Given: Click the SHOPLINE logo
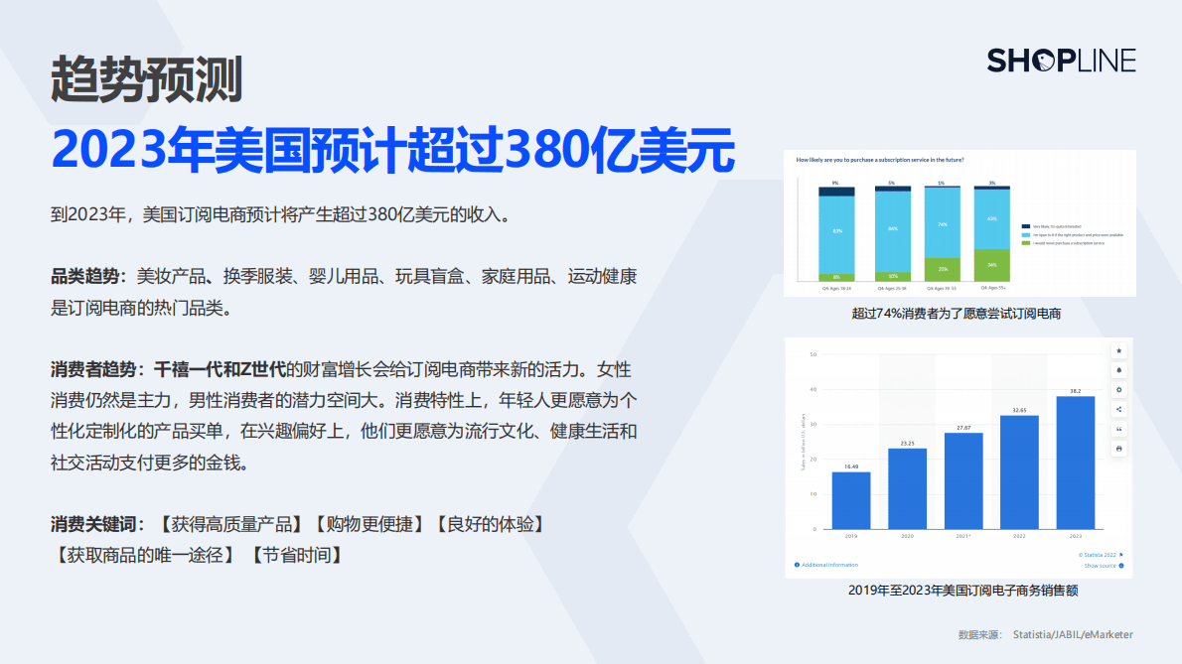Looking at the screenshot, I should [x=1060, y=61].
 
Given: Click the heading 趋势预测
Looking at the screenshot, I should [x=147, y=79].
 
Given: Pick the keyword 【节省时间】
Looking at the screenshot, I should [x=296, y=555].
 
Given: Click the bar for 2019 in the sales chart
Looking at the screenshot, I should [x=851, y=500].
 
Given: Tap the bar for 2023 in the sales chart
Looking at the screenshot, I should [x=1076, y=463].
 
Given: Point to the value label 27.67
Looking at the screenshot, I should [x=963, y=427].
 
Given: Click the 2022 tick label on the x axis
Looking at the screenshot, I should [x=1019, y=536].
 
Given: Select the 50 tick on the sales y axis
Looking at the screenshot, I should [x=813, y=354].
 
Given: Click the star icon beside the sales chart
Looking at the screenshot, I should [x=1119, y=350].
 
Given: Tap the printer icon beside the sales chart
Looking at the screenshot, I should [x=1119, y=449].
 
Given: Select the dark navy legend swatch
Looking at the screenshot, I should [x=1027, y=226].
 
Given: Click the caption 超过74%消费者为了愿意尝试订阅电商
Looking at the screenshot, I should [x=957, y=314].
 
